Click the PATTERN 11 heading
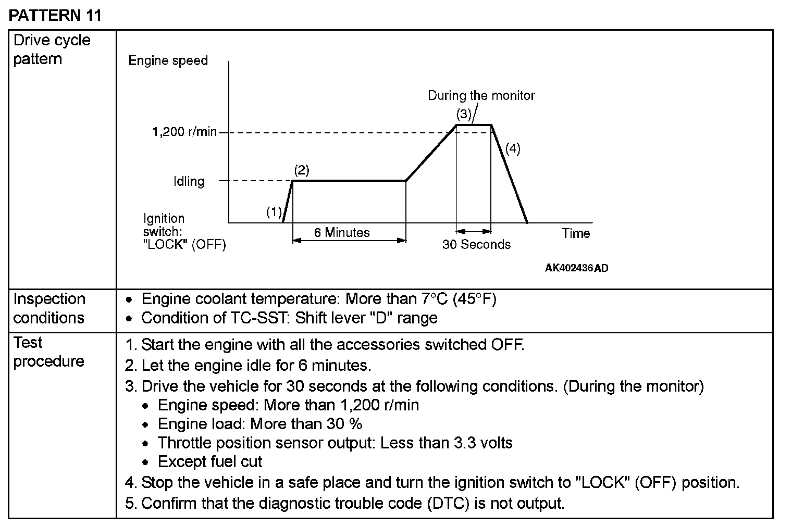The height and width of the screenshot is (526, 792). pyautogui.click(x=55, y=15)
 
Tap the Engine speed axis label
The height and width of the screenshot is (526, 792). pyautogui.click(x=168, y=60)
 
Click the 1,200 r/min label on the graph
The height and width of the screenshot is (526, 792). pyautogui.click(x=184, y=132)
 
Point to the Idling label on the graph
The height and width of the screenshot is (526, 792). pyautogui.click(x=189, y=181)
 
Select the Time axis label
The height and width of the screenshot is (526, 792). pyautogui.click(x=576, y=233)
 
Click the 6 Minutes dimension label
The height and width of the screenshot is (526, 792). pyautogui.click(x=342, y=232)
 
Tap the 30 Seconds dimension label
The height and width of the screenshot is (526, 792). pyautogui.click(x=476, y=244)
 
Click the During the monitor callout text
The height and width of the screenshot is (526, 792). pyautogui.click(x=481, y=95)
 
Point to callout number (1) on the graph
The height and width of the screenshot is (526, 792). pyautogui.click(x=274, y=212)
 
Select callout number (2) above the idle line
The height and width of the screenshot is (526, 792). pyautogui.click(x=302, y=170)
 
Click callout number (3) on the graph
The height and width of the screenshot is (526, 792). pyautogui.click(x=464, y=114)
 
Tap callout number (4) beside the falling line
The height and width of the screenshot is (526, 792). pyautogui.click(x=513, y=148)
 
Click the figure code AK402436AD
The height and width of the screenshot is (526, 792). pyautogui.click(x=576, y=268)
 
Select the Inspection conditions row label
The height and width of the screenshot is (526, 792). pyautogui.click(x=49, y=308)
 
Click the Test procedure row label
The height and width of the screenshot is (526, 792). pyautogui.click(x=48, y=352)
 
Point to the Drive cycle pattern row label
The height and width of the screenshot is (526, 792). pyautogui.click(x=52, y=49)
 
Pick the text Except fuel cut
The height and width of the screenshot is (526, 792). pyautogui.click(x=210, y=461)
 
